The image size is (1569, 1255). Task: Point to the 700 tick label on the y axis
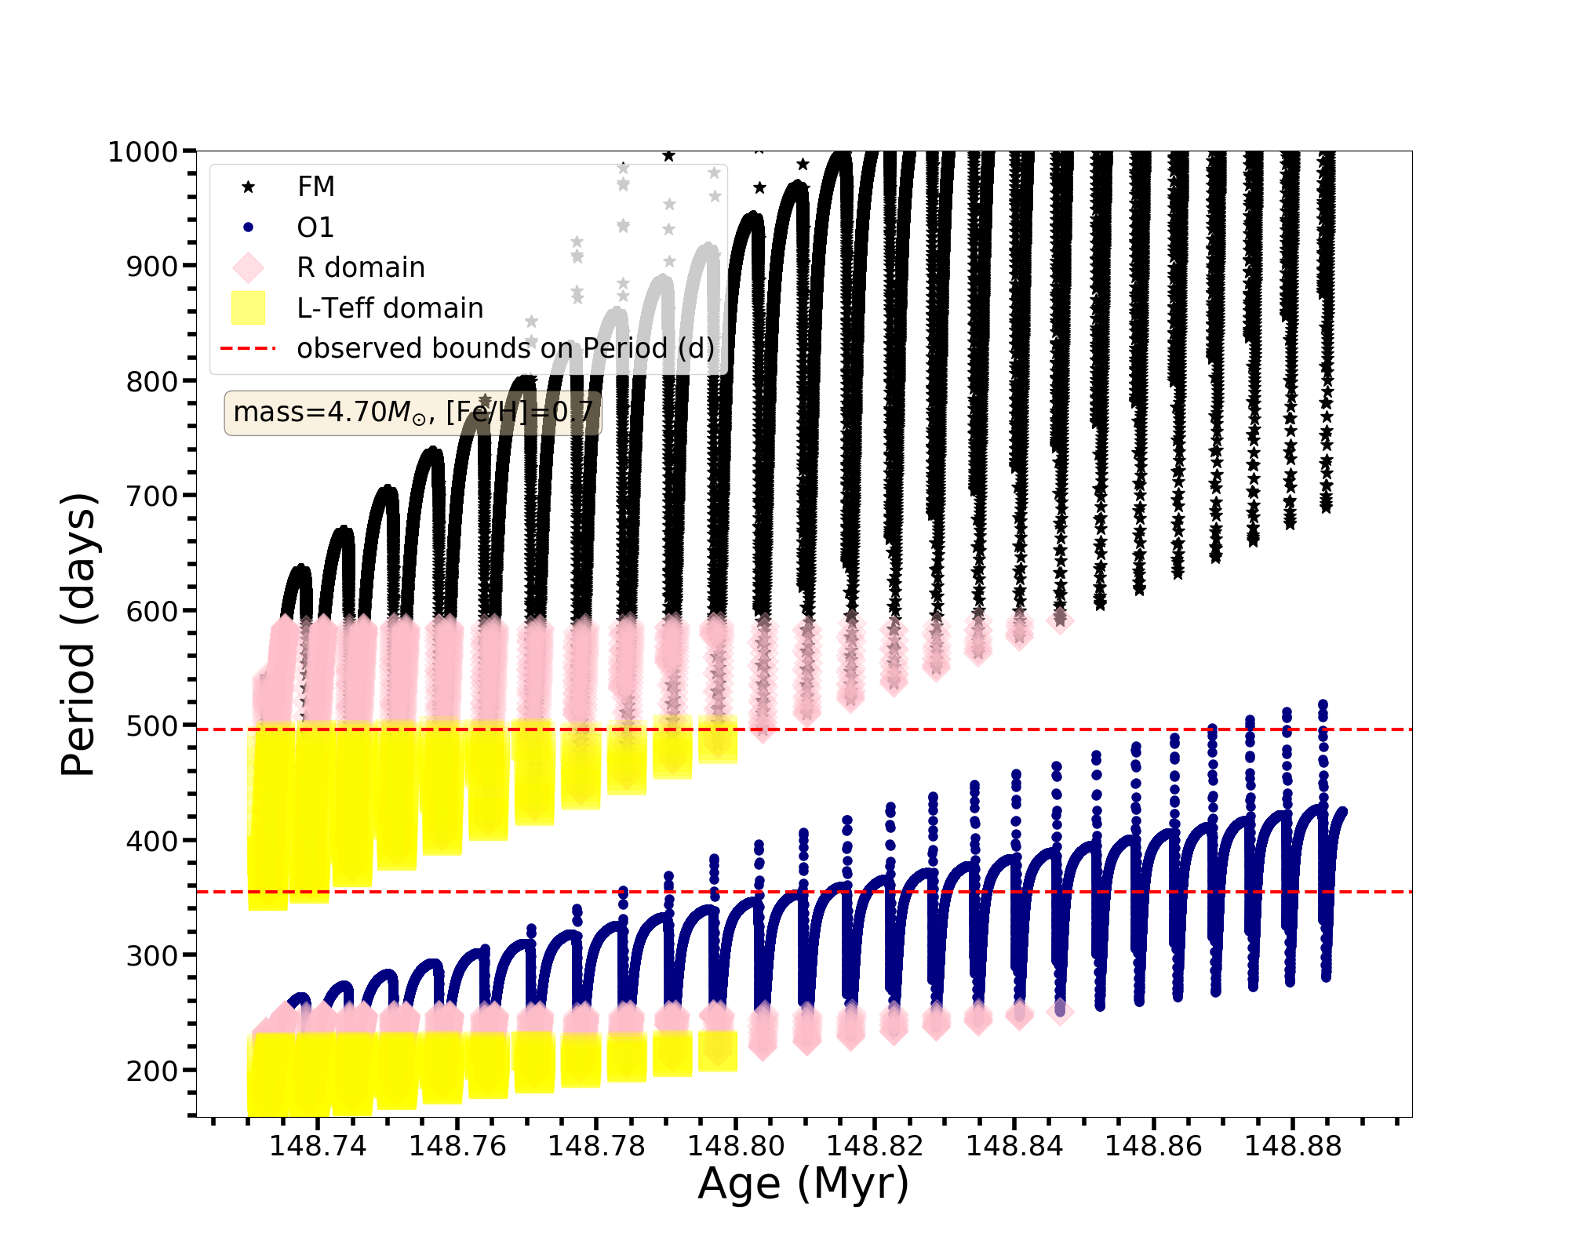pyautogui.click(x=152, y=497)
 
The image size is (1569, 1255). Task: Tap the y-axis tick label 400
pyautogui.click(x=152, y=842)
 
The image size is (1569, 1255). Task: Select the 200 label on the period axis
pyautogui.click(x=152, y=1071)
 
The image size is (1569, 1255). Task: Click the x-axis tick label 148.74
pyautogui.click(x=318, y=1146)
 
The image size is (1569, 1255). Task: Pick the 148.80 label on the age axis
pyautogui.click(x=736, y=1146)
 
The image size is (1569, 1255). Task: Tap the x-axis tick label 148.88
pyautogui.click(x=1293, y=1146)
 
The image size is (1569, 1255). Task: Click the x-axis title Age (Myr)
pyautogui.click(x=803, y=1183)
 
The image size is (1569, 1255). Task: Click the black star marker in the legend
pyautogui.click(x=249, y=187)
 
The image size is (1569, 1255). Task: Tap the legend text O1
pyautogui.click(x=315, y=227)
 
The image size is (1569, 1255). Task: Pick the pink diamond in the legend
pyautogui.click(x=249, y=267)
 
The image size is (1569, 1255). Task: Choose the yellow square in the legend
pyautogui.click(x=249, y=307)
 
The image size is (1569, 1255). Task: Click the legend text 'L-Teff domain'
pyautogui.click(x=390, y=308)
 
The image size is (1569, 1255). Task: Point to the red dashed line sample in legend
pyautogui.click(x=249, y=348)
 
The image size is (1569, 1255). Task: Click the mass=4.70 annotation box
pyautogui.click(x=413, y=413)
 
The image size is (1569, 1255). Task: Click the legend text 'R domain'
pyautogui.click(x=361, y=267)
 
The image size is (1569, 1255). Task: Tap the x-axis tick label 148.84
pyautogui.click(x=1014, y=1146)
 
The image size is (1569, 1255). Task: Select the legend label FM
pyautogui.click(x=316, y=187)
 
